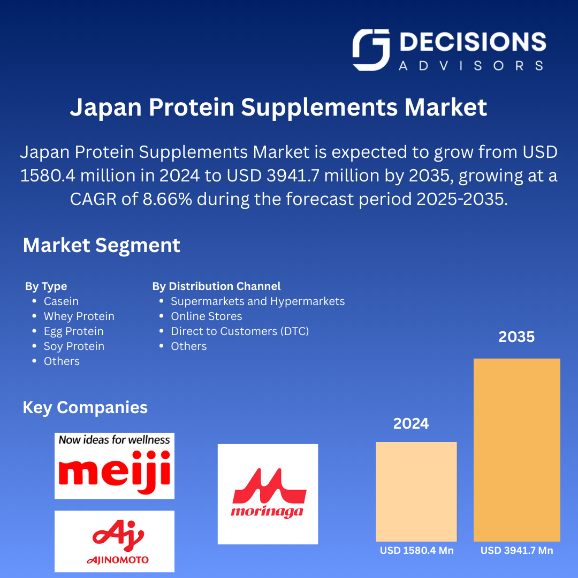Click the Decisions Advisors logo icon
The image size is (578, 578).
coord(371,50)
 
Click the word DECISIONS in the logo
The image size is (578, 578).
coord(473,42)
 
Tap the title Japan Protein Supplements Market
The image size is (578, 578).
coord(279,107)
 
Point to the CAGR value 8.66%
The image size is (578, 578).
coord(168,199)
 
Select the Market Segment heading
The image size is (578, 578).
coord(101,245)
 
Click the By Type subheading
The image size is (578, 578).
coord(46,286)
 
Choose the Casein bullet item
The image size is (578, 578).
coord(61,301)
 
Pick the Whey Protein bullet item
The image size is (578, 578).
coord(79,316)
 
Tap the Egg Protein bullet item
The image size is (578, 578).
coord(74,331)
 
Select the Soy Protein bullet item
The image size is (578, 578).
coord(74,346)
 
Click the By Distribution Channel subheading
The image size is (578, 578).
coord(216,286)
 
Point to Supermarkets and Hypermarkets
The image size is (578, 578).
coord(257,301)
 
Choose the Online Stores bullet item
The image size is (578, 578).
coord(207,316)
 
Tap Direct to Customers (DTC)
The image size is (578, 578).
coord(240,331)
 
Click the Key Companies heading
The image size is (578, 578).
coord(85,408)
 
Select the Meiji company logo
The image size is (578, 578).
coord(115,466)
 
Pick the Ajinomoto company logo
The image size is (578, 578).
coord(115,542)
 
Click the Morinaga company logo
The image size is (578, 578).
coord(268,495)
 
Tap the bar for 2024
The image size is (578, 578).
coord(416,492)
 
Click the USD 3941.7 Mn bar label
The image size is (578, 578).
coord(517,551)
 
